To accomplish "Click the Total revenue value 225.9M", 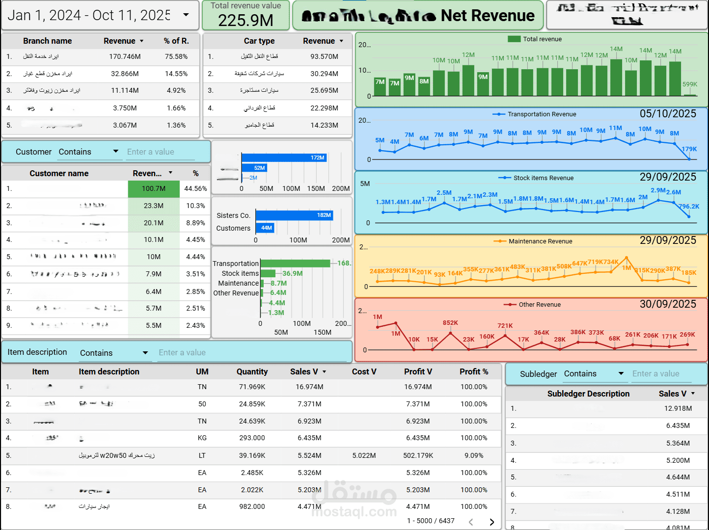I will coord(245,20).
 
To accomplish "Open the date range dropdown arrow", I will coord(186,15).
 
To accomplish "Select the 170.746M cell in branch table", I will coord(125,56).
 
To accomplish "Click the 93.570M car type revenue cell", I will coord(324,56).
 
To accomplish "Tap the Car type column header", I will coord(259,41).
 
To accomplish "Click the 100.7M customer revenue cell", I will coord(154,188).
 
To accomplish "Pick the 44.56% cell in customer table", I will coord(195,188).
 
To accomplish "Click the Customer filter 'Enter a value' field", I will coord(160,152).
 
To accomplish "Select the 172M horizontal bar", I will coord(284,158).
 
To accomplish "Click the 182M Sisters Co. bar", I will coord(294,215).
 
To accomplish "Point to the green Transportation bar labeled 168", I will coord(295,264).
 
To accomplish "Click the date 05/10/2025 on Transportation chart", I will coord(668,114).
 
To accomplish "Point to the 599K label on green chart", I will coord(689,84).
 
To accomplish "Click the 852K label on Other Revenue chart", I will coord(450,323).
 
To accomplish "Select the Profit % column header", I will coord(473,372).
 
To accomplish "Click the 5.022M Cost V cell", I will coord(364,455).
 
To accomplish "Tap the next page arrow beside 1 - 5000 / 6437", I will coord(491,522).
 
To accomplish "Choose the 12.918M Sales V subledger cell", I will coord(678,408).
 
